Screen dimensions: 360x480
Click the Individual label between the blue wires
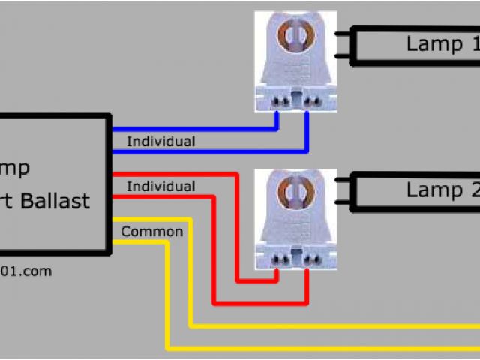point(160,141)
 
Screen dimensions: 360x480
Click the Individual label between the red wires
point(160,186)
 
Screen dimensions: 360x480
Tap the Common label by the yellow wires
point(151,232)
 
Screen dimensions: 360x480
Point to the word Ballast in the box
point(64,201)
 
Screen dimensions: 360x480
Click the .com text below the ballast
point(36,271)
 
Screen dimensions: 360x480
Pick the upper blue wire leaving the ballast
point(187,129)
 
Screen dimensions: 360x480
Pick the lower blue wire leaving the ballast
point(187,151)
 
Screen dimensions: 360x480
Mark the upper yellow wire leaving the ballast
point(150,220)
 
